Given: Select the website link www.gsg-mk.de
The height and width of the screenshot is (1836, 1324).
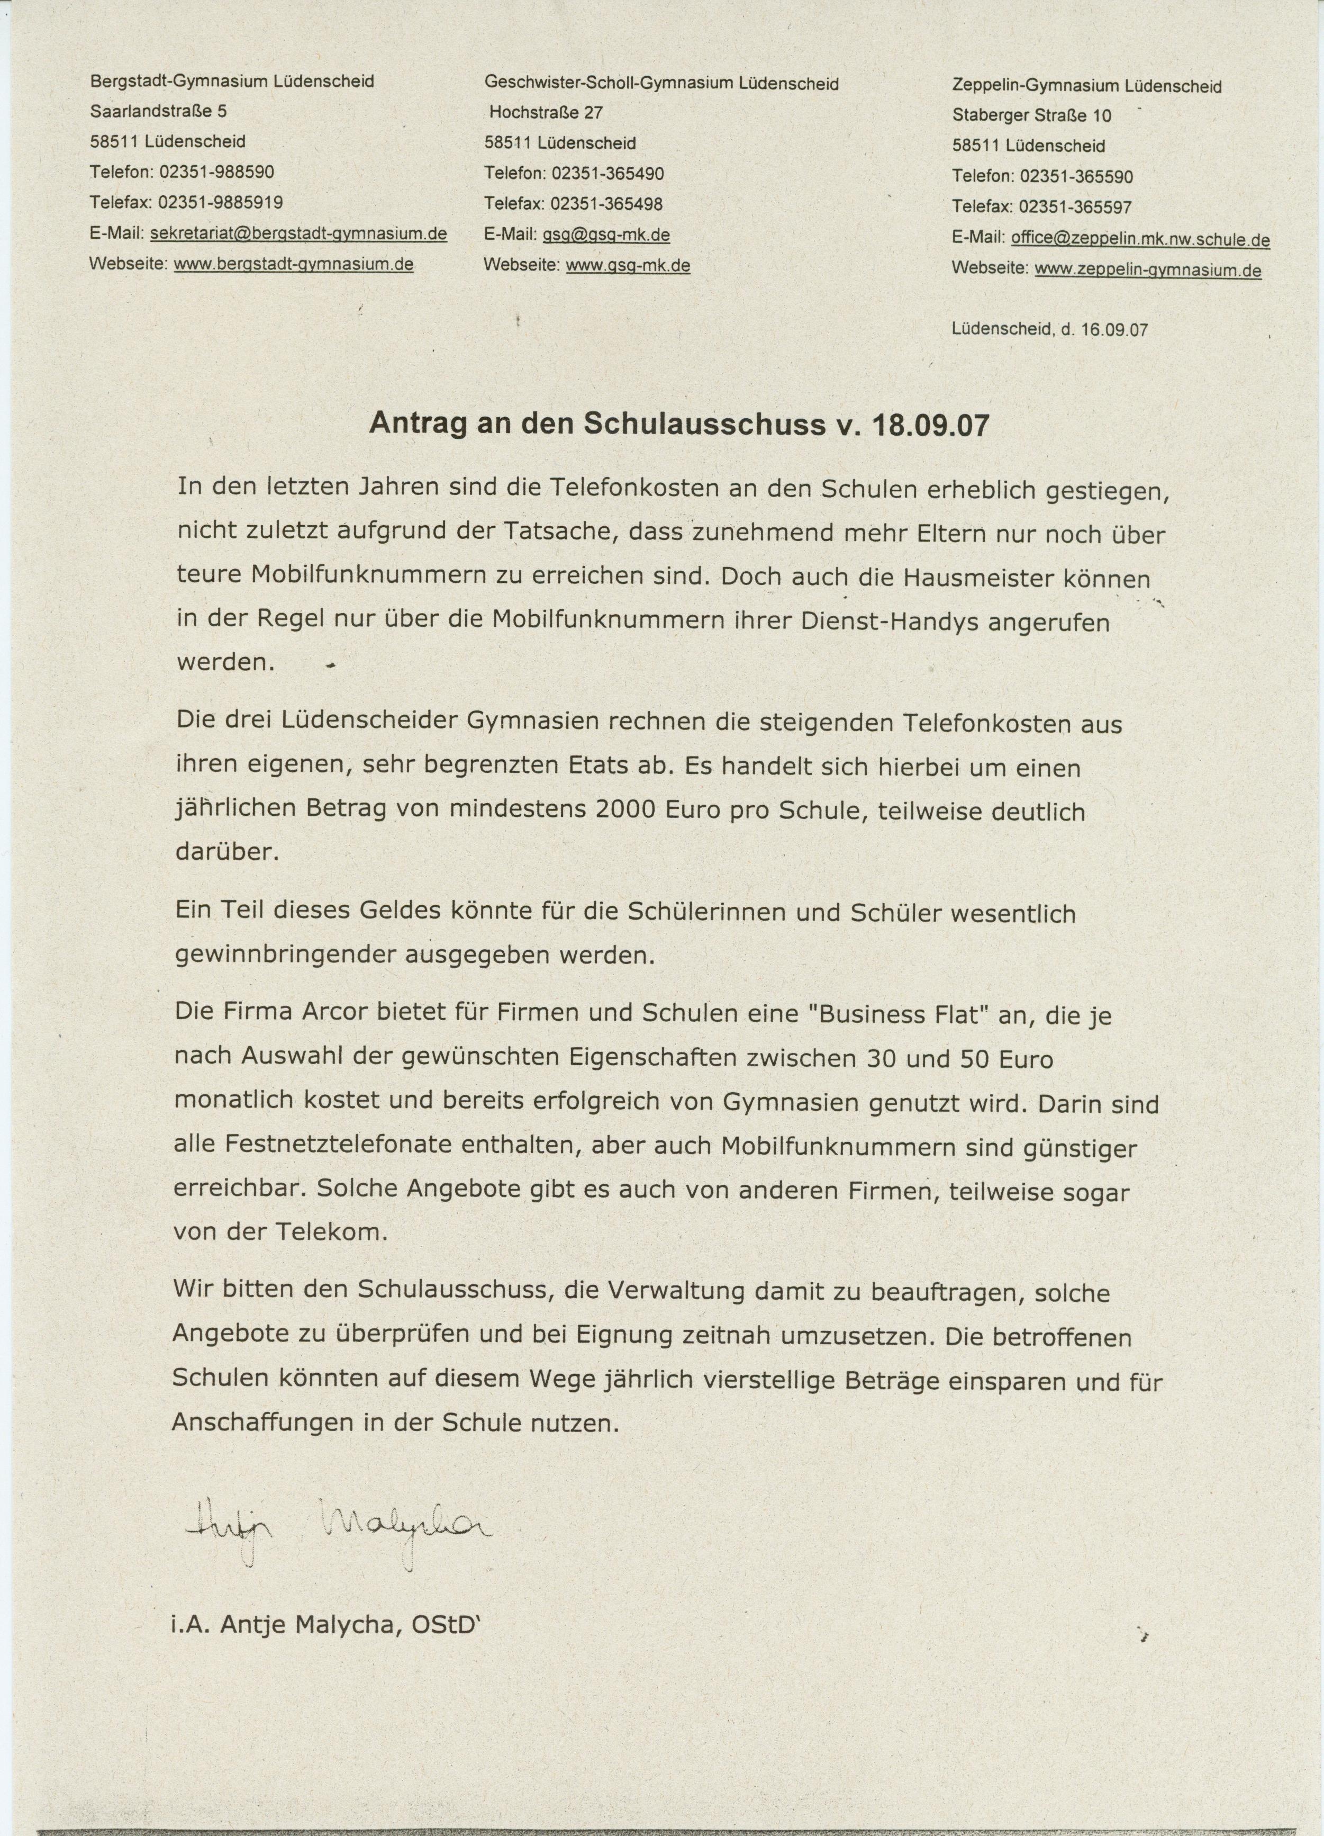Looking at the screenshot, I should [628, 266].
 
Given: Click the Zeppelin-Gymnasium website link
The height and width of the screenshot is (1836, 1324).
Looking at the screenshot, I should [1148, 271].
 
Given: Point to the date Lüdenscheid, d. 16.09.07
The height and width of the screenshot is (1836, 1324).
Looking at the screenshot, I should [1050, 330].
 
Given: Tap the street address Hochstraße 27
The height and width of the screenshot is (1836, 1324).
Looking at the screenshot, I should [546, 113].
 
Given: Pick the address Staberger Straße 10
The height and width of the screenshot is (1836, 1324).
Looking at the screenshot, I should [1032, 116].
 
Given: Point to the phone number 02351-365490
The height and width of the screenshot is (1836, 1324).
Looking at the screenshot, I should [609, 173].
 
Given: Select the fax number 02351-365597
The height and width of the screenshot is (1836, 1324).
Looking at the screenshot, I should [1075, 207].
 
